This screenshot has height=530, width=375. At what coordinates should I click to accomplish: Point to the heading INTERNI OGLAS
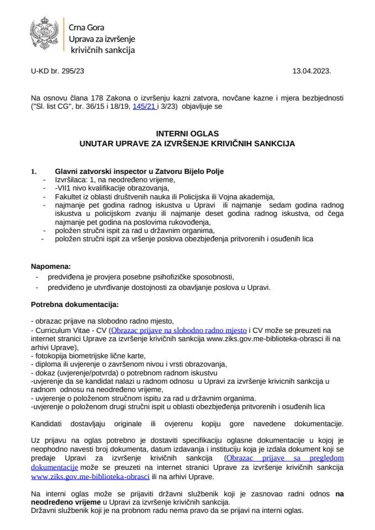[x=187, y=134]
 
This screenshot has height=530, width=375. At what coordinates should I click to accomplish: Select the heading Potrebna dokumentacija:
[x=75, y=304]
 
